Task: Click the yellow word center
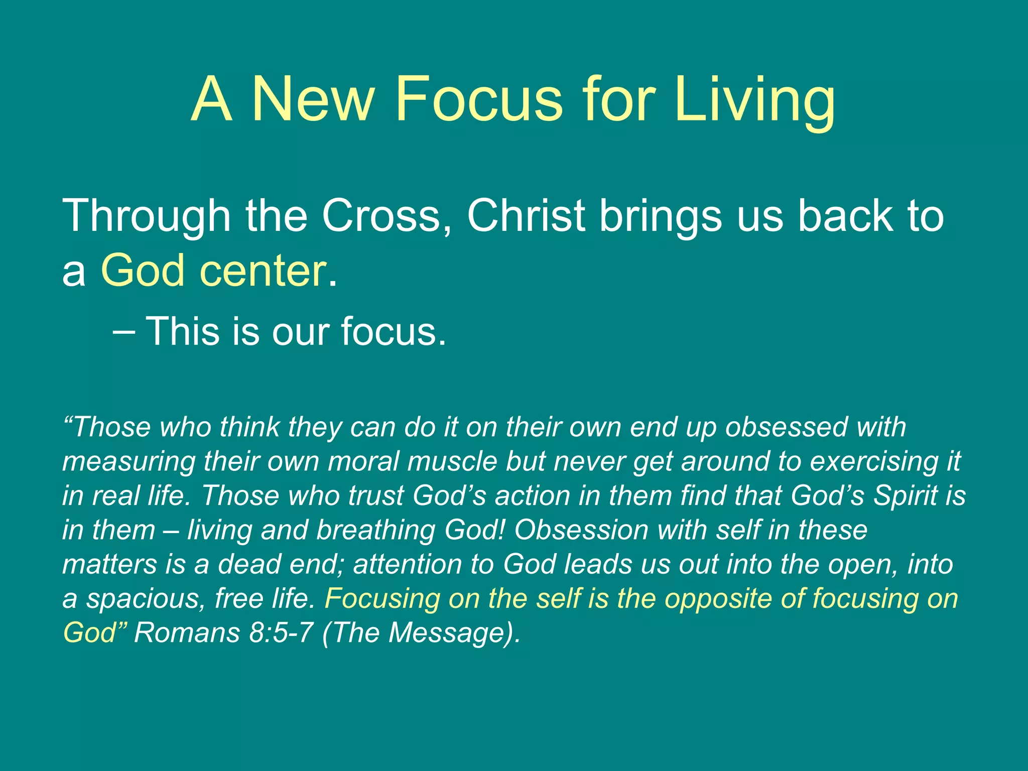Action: coord(264,271)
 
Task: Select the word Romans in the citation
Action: coord(187,632)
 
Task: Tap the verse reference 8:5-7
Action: coord(281,632)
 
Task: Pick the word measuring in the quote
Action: coord(128,462)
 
